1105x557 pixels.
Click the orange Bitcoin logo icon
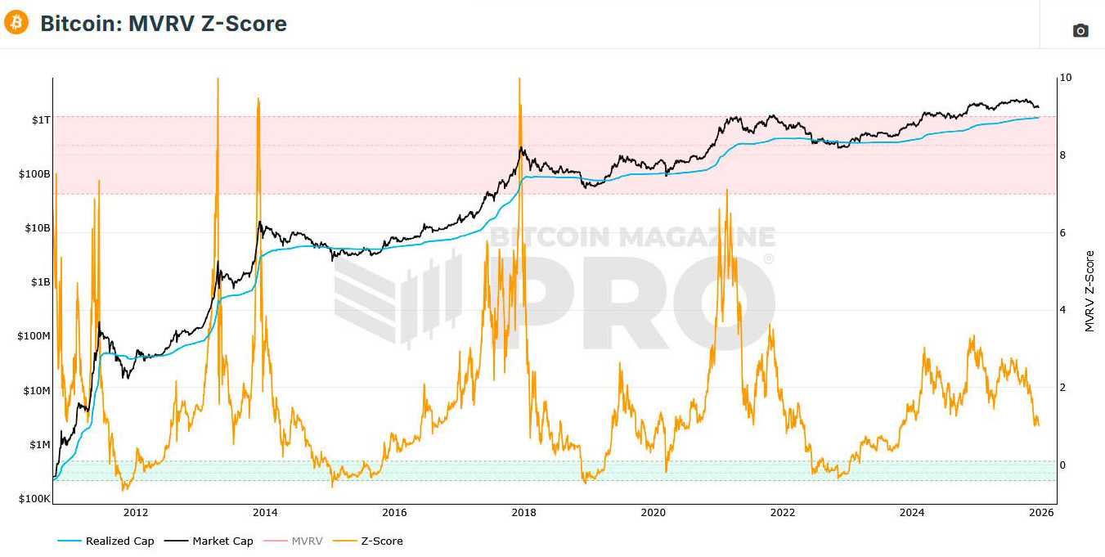(16, 23)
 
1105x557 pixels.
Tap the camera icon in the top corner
(1080, 30)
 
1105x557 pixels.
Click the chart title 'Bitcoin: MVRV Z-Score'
(164, 24)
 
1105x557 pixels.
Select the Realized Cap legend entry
(119, 541)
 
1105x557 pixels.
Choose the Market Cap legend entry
(222, 541)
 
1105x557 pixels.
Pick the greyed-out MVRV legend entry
(308, 541)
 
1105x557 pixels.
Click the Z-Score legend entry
(382, 541)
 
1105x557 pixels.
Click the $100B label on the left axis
(34, 174)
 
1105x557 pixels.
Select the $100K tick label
(34, 499)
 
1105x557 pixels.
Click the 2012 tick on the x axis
(136, 513)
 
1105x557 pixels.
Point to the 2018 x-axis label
(523, 513)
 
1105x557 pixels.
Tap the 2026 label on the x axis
(1040, 513)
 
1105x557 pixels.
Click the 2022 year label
(783, 513)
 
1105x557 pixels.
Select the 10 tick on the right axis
(1065, 78)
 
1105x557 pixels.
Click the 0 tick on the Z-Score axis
(1062, 465)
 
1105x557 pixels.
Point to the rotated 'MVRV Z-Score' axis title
(1089, 291)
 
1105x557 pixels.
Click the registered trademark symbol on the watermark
(768, 259)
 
